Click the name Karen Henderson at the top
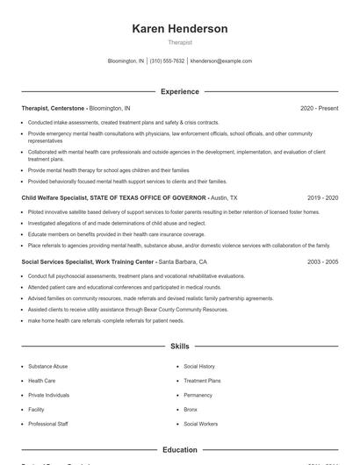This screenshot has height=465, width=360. tap(179, 29)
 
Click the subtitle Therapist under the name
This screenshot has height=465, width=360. tap(179, 42)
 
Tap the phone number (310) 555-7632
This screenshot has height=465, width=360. tap(167, 61)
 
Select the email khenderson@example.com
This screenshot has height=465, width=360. tap(221, 61)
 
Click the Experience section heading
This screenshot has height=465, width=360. tap(179, 91)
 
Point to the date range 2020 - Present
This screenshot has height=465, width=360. tap(319, 108)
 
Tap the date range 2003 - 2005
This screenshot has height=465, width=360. tap(322, 261)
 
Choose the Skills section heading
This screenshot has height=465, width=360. tap(179, 347)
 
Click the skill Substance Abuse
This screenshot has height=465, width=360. tap(47, 366)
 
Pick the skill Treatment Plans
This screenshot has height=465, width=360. tap(202, 381)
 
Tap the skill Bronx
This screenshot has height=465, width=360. tap(191, 409)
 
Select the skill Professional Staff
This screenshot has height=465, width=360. tap(47, 424)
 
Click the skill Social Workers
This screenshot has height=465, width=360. tap(201, 424)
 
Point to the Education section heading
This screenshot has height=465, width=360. tap(179, 450)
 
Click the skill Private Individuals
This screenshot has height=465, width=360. tap(49, 395)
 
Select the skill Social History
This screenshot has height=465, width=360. tap(199, 366)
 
